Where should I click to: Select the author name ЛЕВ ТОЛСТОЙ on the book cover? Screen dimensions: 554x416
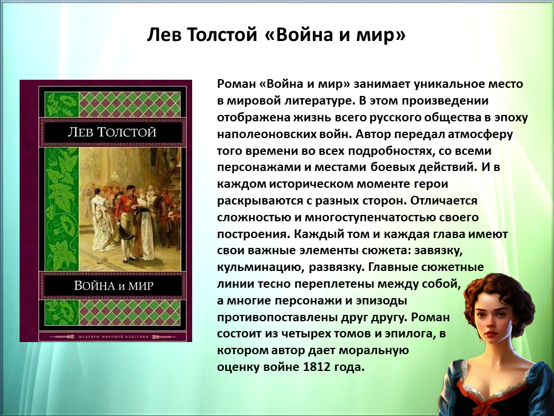pyautogui.click(x=111, y=132)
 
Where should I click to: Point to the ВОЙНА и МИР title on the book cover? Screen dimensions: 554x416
pyautogui.click(x=114, y=285)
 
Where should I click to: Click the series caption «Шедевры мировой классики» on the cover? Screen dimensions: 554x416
pyautogui.click(x=113, y=337)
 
